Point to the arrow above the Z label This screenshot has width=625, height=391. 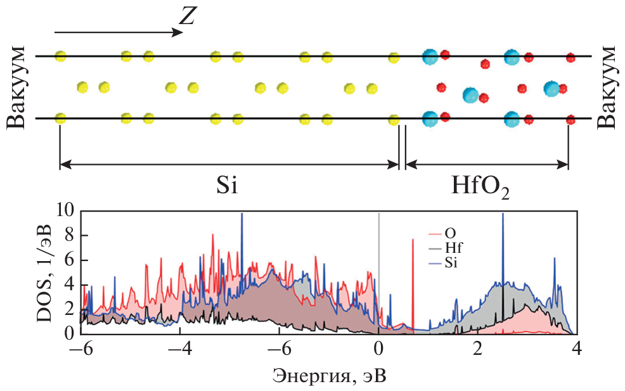coord(114,30)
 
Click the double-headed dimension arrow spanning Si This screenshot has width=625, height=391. coord(228,164)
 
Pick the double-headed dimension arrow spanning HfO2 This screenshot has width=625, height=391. coord(486,164)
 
